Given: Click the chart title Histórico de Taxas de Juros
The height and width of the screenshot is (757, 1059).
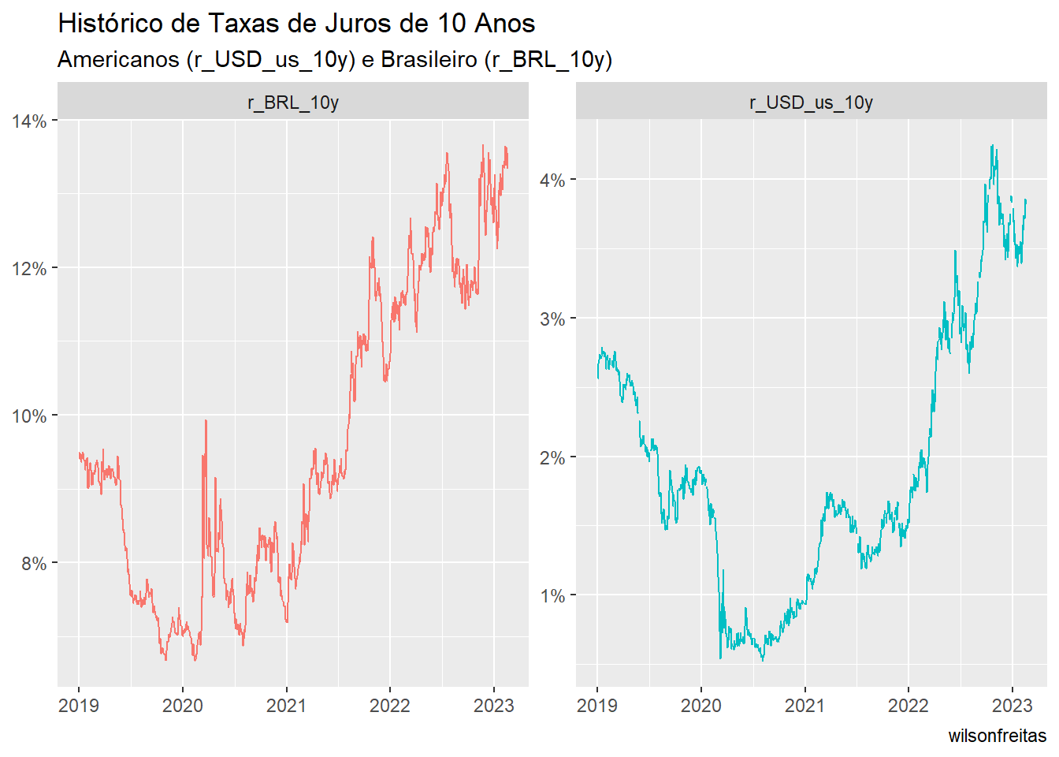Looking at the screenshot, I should (x=296, y=24).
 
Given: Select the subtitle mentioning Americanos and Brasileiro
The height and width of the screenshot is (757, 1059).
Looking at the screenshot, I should (x=335, y=60).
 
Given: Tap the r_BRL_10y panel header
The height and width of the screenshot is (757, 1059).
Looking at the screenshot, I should (x=293, y=103).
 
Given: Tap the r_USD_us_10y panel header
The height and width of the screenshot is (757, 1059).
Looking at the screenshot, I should (x=811, y=103).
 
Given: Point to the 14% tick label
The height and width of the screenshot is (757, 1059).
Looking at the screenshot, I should (x=29, y=121).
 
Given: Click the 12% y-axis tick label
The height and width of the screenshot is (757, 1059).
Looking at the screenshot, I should (x=29, y=269).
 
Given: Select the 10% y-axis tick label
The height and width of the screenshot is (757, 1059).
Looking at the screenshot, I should (x=29, y=416).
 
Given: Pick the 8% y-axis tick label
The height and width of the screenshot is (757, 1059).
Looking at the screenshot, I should (x=34, y=564).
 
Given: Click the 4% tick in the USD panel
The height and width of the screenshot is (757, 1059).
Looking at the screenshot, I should (x=552, y=181).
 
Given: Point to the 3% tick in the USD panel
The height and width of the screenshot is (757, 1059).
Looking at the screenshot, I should (x=552, y=319).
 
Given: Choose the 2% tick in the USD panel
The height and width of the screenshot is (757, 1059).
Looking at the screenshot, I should (x=552, y=458).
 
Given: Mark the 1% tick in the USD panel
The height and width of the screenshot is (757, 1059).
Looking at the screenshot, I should (x=552, y=596).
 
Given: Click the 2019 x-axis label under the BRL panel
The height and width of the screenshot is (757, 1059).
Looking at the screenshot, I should (x=79, y=705).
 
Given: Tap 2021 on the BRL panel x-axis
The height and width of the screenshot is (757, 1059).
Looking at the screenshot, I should (x=286, y=705).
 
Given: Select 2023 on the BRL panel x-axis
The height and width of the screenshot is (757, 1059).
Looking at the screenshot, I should (x=493, y=705).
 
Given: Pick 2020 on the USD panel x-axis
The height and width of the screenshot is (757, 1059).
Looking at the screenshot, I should (x=700, y=705).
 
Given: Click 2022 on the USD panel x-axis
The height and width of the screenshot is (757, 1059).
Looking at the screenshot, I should (x=909, y=705).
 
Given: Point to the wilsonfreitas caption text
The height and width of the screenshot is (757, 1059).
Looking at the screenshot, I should (x=997, y=736).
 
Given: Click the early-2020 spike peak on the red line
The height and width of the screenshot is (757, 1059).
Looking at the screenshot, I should (x=206, y=421).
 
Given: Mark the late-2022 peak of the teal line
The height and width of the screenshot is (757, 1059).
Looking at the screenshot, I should (x=992, y=146).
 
